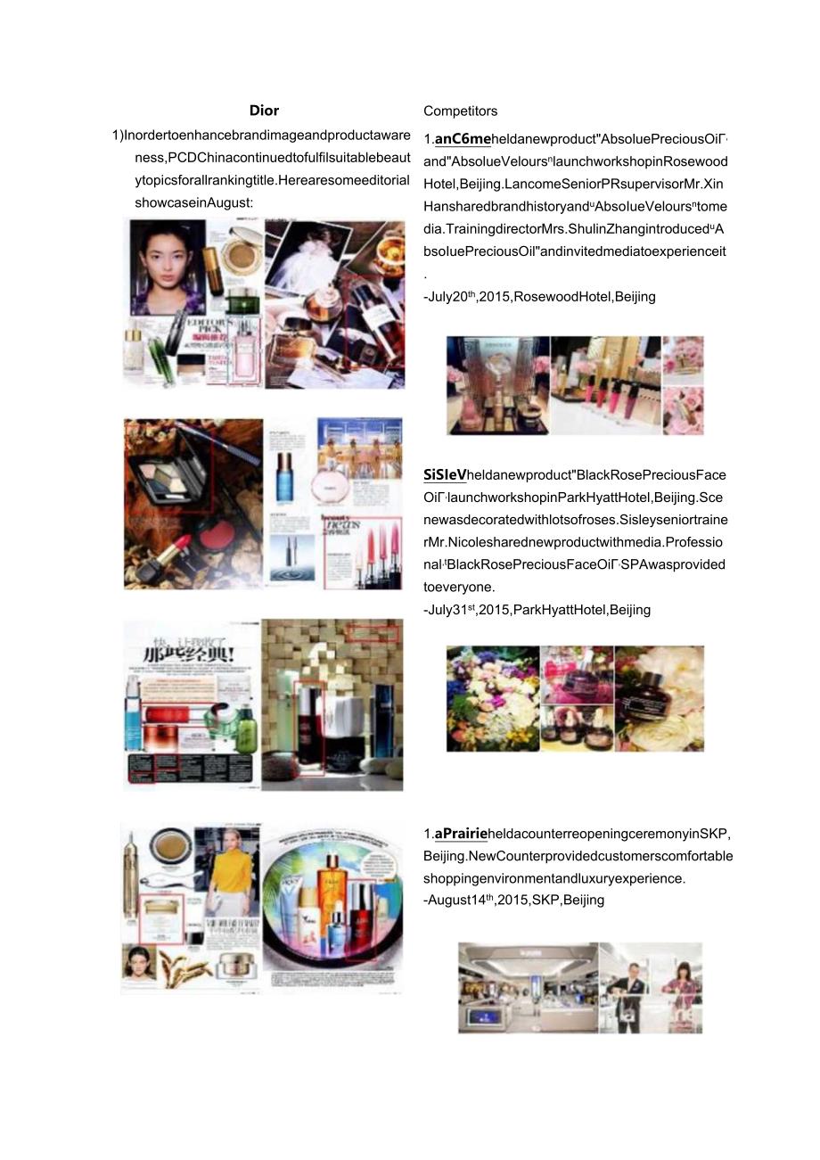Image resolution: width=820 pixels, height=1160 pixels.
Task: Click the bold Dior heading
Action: point(264,111)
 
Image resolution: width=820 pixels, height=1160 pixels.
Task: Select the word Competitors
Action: point(460,111)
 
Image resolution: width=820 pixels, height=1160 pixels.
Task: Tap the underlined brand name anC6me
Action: point(463,139)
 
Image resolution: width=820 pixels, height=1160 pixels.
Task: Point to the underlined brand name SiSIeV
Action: point(445,475)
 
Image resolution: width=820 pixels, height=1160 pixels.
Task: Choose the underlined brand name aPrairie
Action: point(461,834)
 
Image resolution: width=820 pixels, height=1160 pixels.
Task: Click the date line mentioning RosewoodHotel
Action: point(539,297)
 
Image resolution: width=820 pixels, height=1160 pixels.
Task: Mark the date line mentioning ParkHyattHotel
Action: point(537,610)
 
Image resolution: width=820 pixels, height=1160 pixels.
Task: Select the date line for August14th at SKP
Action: point(513,900)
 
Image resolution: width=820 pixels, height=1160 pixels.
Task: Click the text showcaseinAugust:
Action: point(193,202)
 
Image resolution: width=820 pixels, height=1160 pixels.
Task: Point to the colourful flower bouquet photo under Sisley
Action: point(492,698)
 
